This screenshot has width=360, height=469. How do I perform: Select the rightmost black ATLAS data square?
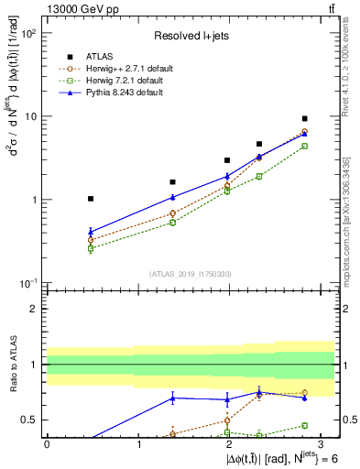304,119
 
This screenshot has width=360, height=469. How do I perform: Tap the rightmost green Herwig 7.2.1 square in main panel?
304,147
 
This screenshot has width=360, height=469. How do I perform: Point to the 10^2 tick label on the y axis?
28,33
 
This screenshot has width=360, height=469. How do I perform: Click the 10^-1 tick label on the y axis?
28,283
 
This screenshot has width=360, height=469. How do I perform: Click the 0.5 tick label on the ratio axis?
32,420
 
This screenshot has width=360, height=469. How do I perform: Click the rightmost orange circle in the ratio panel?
304,393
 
